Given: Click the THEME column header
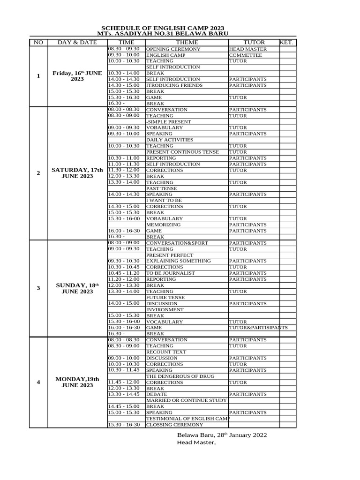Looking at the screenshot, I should coord(187,43).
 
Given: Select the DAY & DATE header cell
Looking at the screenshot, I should coord(77,43).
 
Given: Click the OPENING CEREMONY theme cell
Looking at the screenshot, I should coord(173,49).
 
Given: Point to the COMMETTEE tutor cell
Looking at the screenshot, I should coord(246,55).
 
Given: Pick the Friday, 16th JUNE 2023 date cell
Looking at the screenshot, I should coord(77,76).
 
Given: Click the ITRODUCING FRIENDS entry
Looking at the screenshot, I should coord(175,86).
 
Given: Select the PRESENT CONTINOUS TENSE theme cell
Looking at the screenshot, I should coord(183,152).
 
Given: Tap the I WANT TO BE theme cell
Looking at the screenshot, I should coord(164,201).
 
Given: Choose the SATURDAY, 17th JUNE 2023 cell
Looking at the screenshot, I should coord(77,173).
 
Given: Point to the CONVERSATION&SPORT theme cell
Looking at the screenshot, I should coord(177,243).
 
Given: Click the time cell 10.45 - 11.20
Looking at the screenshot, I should coord(124,273).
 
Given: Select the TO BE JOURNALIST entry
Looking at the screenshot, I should coord(171,273).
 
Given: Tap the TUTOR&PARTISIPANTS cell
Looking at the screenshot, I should coord(258,328).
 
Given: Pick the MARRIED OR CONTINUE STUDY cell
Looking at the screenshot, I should coord(187,401).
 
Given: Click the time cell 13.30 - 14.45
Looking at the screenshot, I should coord(124,394).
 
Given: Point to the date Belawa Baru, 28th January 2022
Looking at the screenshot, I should coord(222,435).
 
